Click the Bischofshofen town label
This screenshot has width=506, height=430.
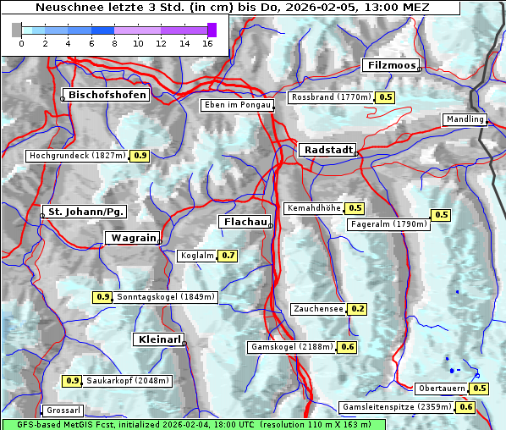tap(107, 96)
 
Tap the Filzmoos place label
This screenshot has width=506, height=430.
tap(391, 65)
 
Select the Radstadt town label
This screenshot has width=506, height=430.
tap(327, 150)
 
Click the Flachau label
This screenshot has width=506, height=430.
tap(245, 222)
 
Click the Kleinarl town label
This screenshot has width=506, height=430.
tap(158, 340)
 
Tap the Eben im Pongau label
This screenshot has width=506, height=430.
tap(236, 105)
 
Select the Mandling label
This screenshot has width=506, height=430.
tap(465, 119)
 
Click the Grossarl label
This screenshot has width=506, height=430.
tap(63, 411)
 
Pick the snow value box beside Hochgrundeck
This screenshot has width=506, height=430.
tap(140, 156)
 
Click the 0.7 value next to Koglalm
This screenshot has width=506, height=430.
tap(228, 256)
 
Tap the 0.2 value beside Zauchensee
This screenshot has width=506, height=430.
tap(358, 309)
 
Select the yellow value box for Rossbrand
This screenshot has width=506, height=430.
tap(386, 97)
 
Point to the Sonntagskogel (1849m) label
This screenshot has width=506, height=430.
tap(167, 297)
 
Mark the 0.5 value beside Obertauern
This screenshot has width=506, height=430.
tap(480, 389)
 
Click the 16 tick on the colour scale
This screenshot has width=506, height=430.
tap(207, 43)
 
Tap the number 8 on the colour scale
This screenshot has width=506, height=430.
tap(114, 43)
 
